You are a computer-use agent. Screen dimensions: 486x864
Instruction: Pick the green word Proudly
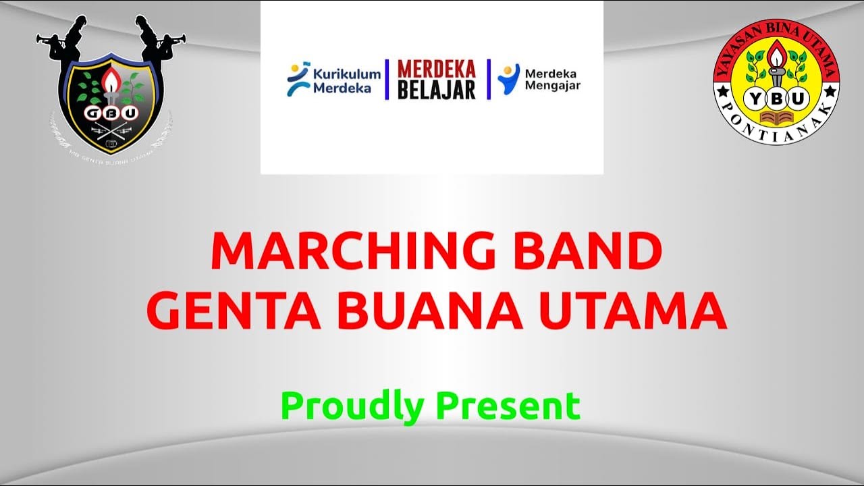coord(352,406)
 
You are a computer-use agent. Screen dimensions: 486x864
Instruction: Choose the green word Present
coord(508,406)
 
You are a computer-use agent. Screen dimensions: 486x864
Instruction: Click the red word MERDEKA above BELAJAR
coord(436,70)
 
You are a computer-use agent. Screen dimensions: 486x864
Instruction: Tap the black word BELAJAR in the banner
coord(436,90)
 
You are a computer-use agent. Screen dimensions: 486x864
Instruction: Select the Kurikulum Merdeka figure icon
coord(297,79)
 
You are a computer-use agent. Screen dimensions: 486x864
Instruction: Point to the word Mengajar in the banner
coord(552,86)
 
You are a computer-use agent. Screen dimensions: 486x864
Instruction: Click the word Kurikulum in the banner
coord(346,73)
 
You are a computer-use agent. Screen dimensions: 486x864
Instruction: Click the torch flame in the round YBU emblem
coord(776,53)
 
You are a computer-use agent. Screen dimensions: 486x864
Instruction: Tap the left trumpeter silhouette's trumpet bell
coord(40,38)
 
